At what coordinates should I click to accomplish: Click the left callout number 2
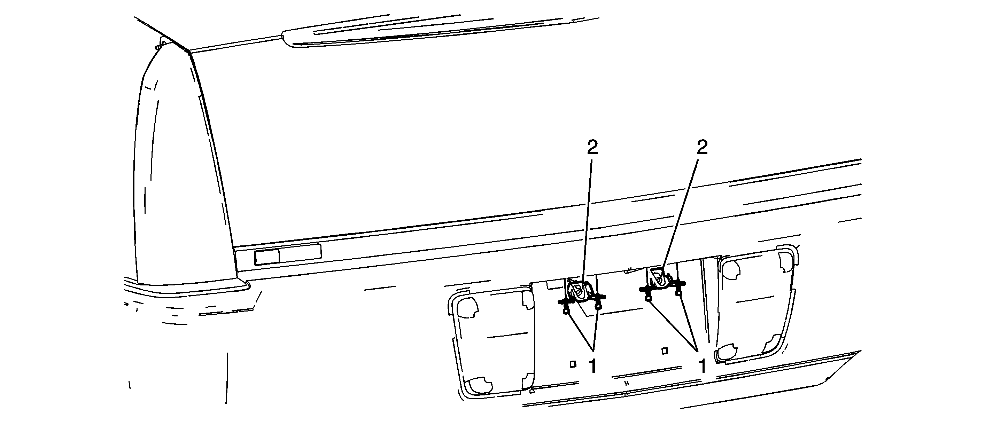point(592,147)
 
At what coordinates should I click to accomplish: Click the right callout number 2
point(703,147)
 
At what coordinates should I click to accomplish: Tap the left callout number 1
point(592,366)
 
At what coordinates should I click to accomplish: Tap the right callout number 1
point(703,366)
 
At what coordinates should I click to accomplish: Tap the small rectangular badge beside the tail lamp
point(288,254)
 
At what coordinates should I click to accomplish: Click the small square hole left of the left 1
point(573,364)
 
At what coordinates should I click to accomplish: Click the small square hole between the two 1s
point(664,351)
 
